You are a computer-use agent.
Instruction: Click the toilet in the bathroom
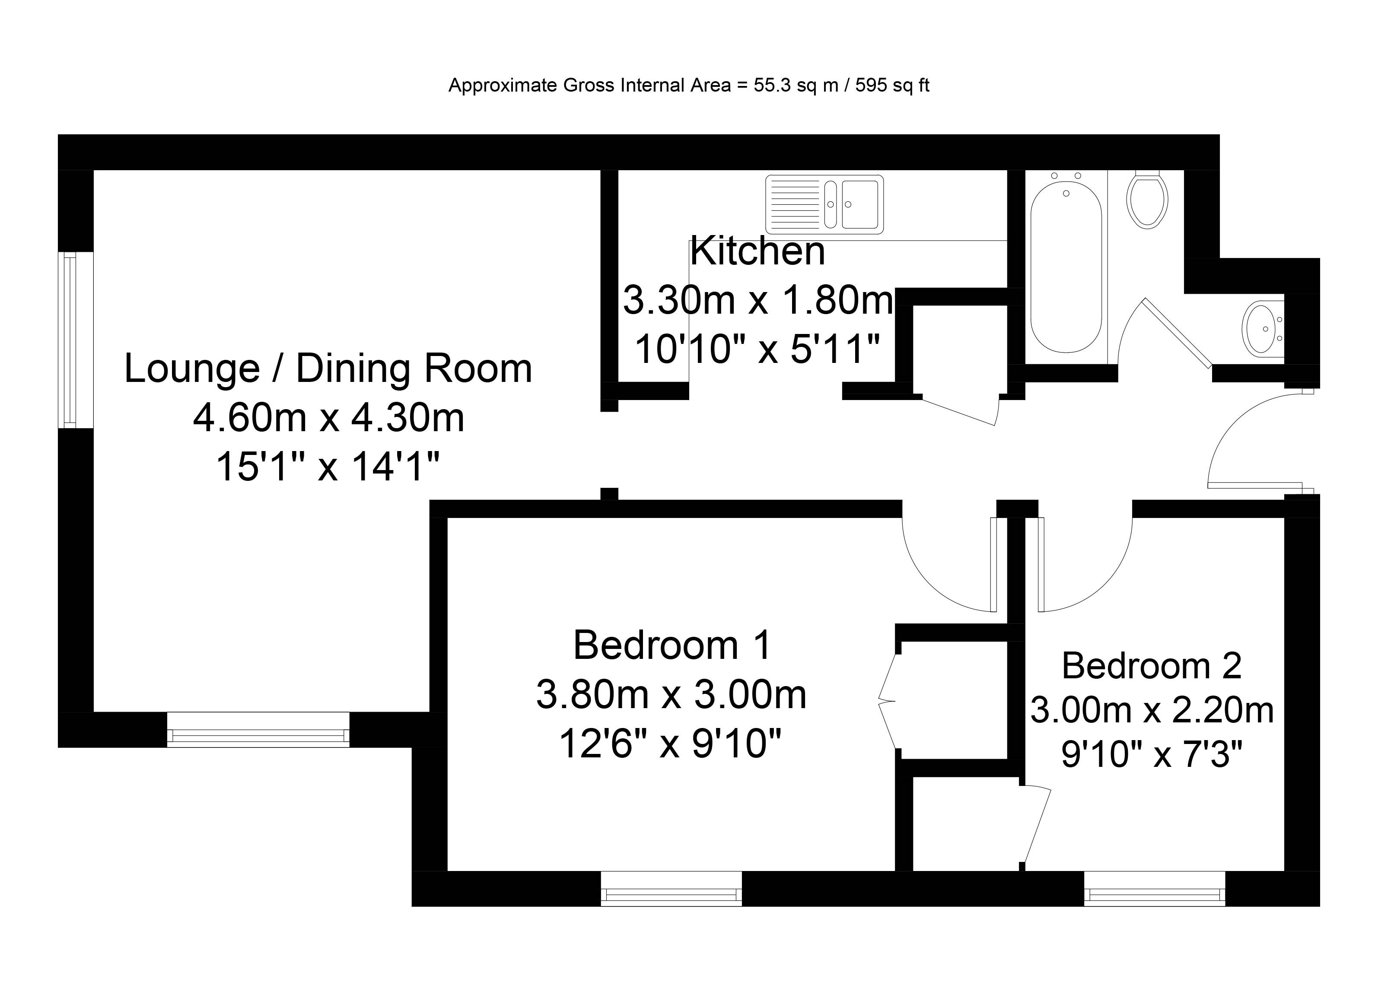[1147, 199]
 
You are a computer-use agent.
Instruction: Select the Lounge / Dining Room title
[328, 368]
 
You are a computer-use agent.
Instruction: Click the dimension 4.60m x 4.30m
[329, 417]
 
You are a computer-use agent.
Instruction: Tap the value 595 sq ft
[893, 86]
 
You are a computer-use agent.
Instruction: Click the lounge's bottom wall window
[258, 730]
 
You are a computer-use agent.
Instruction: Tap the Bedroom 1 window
[671, 889]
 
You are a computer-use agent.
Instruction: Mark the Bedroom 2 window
[1155, 889]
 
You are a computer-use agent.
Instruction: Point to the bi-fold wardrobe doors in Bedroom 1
[888, 702]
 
